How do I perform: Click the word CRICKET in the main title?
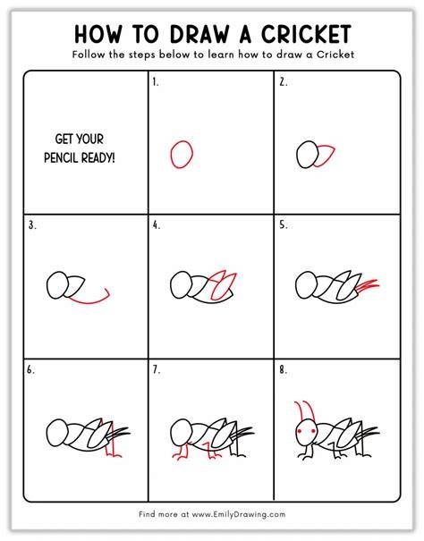point(306,34)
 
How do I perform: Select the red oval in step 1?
point(182,154)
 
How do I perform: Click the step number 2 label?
point(284,82)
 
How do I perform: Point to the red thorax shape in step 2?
point(326,156)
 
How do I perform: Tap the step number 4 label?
point(157,225)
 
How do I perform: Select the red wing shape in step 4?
point(224,285)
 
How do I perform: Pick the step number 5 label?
point(284,225)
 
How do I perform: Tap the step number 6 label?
point(30,370)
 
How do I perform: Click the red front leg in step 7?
point(182,452)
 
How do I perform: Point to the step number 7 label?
point(157,370)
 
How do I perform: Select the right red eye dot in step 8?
point(313,431)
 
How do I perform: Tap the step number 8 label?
point(284,370)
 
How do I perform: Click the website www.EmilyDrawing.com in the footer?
point(239,514)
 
